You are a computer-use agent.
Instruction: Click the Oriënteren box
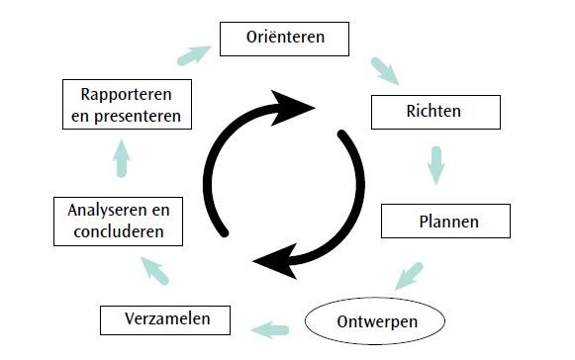coord(285,39)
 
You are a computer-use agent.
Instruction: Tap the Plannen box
coord(445,221)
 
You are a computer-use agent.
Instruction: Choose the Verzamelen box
coord(165,320)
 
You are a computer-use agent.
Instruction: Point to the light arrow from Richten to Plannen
coord(435,164)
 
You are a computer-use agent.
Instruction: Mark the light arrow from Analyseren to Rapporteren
coord(121,157)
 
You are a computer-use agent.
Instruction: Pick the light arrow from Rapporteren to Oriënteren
coord(194,51)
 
